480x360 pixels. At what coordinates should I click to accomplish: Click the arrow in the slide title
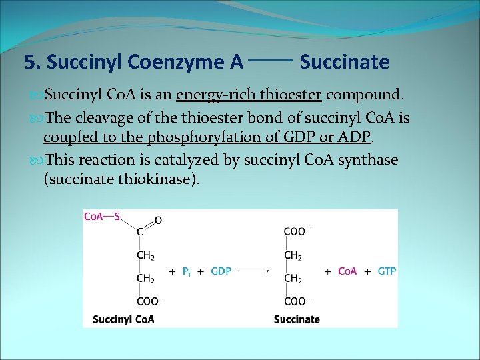pos(271,60)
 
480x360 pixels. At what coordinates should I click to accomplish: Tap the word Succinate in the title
pos(344,63)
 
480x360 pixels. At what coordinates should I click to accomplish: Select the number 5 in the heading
pos(29,63)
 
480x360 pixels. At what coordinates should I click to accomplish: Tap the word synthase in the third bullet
pos(366,160)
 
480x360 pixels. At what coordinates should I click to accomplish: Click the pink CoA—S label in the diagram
pos(101,217)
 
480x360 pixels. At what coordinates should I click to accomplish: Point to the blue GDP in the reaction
pos(221,271)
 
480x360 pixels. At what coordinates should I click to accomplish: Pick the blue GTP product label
pos(387,271)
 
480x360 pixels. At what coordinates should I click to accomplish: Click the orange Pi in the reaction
pos(187,272)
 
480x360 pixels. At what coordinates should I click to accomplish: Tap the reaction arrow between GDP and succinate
pos(253,271)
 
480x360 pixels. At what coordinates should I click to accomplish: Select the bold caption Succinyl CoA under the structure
pos(123,319)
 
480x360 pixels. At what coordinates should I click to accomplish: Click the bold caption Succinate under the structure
pos(297,319)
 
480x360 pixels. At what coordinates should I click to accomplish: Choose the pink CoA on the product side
pos(347,271)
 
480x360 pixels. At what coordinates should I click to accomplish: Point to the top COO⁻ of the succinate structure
pos(296,232)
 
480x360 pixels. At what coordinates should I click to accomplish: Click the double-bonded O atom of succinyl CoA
pos(158,219)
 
